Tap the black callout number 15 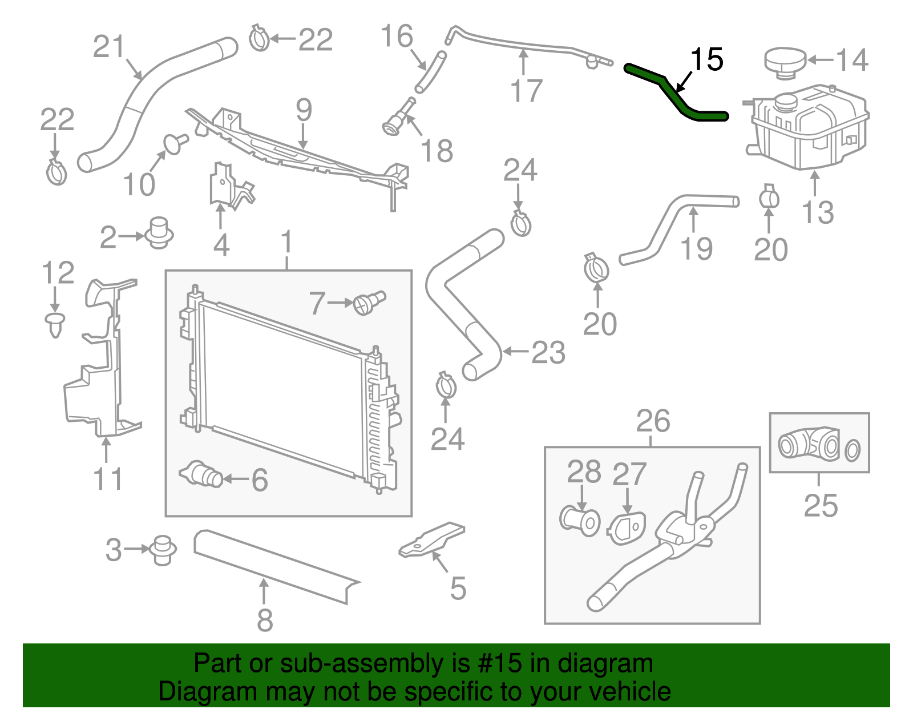(706, 60)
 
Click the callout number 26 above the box (653, 422)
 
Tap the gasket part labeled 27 (627, 527)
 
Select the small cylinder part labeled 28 (580, 520)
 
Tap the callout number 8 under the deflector (264, 620)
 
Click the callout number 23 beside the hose (548, 352)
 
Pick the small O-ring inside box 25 (853, 450)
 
